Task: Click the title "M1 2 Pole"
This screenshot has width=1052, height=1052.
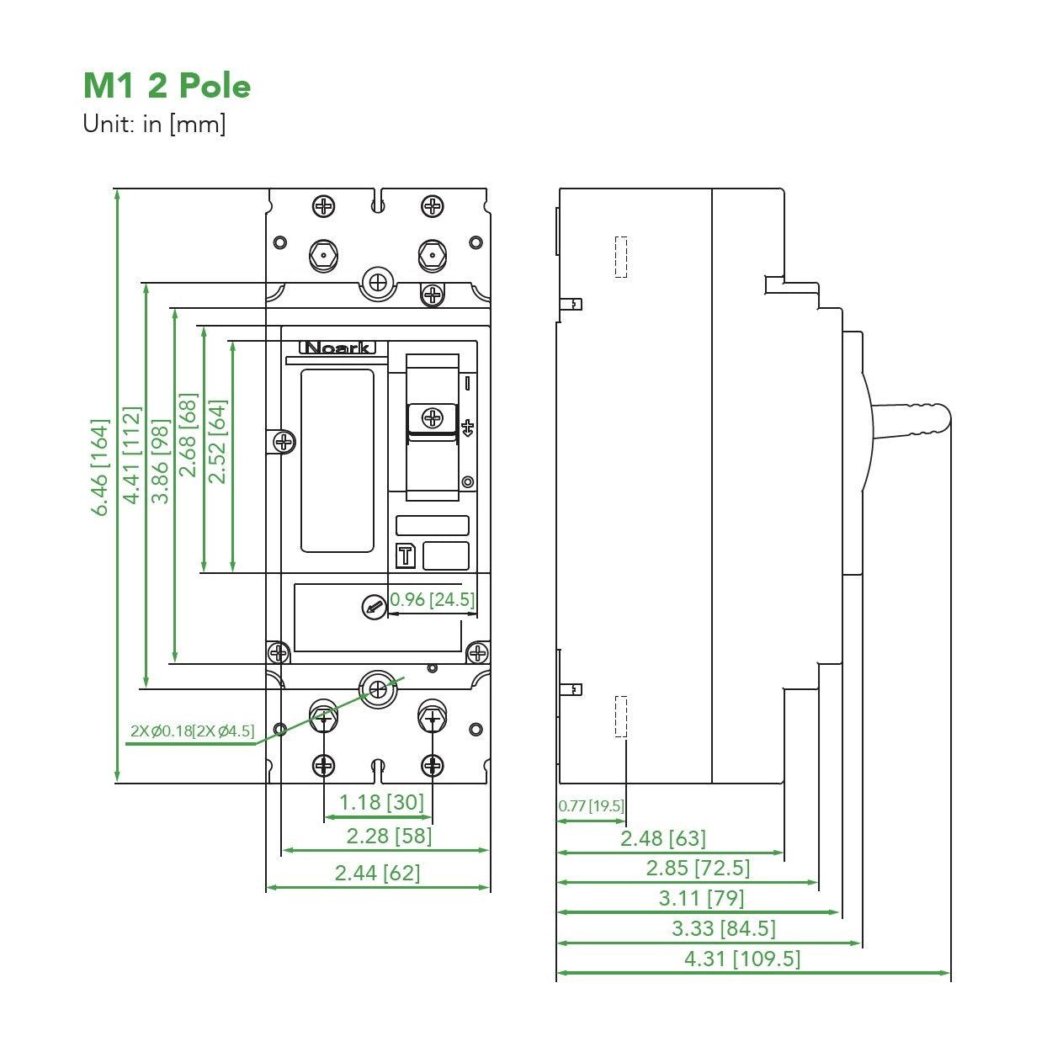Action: coord(167,86)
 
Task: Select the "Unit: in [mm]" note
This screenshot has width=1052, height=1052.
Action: coord(154,125)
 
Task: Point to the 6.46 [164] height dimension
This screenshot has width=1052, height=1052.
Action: coord(101,467)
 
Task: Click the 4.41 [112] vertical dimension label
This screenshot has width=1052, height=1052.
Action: coord(131,455)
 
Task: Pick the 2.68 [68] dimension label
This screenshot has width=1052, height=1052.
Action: coord(189,434)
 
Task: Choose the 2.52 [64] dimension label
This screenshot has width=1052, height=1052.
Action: coord(217,441)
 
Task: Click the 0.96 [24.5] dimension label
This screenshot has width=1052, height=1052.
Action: coord(433,600)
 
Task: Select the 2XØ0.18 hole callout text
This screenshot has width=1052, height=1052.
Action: coord(192,731)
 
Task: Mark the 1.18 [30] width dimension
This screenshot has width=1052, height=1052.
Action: coord(381,802)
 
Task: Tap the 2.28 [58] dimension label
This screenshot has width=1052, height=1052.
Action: coord(389,836)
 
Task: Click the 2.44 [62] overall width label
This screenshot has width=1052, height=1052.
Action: coord(377,873)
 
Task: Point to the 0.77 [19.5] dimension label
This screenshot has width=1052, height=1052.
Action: coord(591,806)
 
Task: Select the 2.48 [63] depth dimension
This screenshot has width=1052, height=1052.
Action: coord(663,838)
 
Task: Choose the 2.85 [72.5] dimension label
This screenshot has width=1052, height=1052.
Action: coord(698,868)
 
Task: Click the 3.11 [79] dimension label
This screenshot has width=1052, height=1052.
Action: coord(701,898)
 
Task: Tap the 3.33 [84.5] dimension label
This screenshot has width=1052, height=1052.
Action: coord(723,928)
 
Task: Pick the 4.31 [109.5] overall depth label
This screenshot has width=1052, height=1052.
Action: coord(742,959)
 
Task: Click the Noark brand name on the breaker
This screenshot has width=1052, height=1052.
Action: coord(337,348)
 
